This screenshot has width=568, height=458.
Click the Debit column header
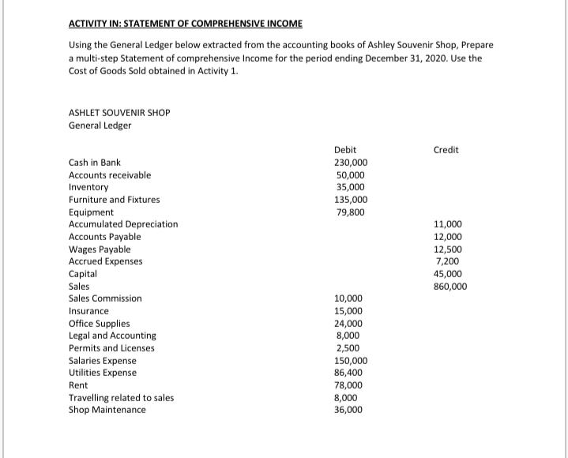(345, 150)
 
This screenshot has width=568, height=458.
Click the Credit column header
(446, 150)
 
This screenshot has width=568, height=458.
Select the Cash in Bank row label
(95, 163)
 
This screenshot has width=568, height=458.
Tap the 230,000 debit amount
(351, 163)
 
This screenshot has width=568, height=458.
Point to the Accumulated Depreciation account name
(123, 224)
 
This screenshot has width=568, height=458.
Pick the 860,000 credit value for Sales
(450, 287)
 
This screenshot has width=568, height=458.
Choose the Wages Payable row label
(100, 249)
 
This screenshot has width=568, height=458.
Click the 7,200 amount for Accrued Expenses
(449, 261)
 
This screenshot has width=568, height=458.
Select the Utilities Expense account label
(103, 373)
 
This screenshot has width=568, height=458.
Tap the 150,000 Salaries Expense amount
(351, 361)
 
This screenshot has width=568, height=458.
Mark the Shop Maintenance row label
(107, 410)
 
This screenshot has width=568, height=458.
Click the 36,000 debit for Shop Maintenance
(349, 410)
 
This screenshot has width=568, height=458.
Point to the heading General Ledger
(100, 126)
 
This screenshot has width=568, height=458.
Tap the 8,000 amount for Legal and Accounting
(348, 336)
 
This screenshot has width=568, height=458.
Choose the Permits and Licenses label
(111, 348)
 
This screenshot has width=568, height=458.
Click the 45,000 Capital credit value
(449, 274)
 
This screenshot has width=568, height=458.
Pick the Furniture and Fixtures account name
(114, 200)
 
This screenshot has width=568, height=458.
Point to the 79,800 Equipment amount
(349, 212)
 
